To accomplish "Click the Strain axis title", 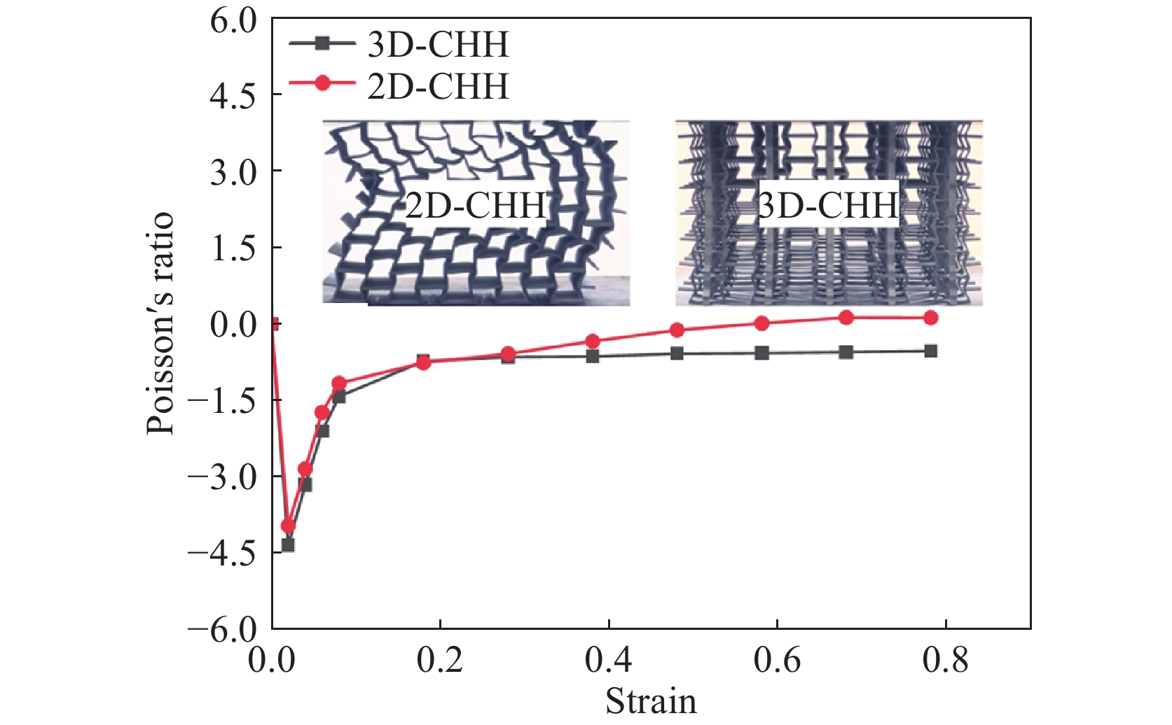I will [651, 702].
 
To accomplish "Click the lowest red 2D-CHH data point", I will [288, 526].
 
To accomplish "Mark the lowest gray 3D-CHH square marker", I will [288, 545].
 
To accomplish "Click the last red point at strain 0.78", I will [930, 318].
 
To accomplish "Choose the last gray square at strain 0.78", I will [930, 351].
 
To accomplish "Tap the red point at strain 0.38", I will [593, 342].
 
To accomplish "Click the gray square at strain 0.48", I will [677, 354].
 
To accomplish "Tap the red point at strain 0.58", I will [761, 323].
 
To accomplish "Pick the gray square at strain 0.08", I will [339, 397].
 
